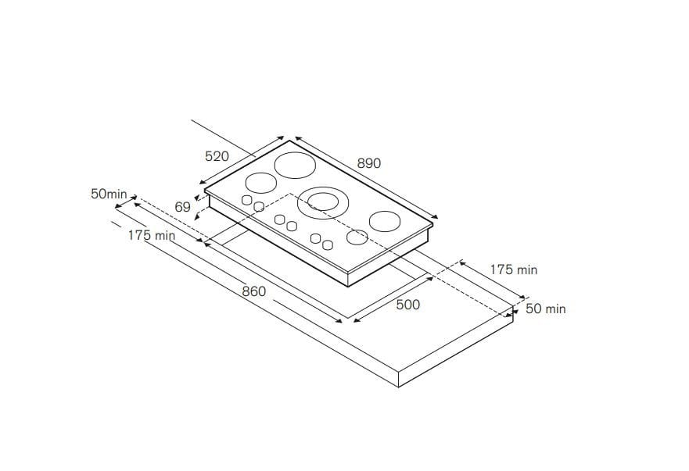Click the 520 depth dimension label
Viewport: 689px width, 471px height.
pyautogui.click(x=217, y=156)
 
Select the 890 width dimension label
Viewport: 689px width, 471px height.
pyautogui.click(x=368, y=163)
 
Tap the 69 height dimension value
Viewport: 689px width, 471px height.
pyautogui.click(x=183, y=207)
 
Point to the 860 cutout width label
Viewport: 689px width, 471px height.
pyautogui.click(x=253, y=291)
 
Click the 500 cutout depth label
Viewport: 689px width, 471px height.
pyautogui.click(x=407, y=305)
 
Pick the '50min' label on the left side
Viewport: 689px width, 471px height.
pyautogui.click(x=109, y=194)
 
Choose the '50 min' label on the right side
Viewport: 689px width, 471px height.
pyautogui.click(x=545, y=309)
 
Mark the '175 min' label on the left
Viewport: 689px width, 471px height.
pyautogui.click(x=152, y=235)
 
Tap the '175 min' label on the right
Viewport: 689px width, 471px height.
pyautogui.click(x=513, y=269)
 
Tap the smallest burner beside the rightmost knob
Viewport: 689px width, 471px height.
pyautogui.click(x=358, y=237)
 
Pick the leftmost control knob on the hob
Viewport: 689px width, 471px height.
pyautogui.click(x=247, y=201)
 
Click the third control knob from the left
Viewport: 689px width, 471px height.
pyautogui.click(x=279, y=219)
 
